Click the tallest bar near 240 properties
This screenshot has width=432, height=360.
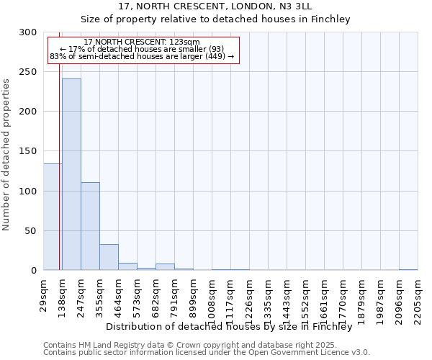(71, 174)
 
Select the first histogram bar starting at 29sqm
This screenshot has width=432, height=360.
(52, 217)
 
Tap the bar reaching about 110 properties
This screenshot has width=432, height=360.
(90, 226)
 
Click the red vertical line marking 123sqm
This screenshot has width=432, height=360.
(59, 151)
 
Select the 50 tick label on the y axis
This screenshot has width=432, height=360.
(31, 231)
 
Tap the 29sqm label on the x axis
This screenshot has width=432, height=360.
(44, 295)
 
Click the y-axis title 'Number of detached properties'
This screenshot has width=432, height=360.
(7, 155)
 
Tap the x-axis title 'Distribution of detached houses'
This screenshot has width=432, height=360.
(228, 326)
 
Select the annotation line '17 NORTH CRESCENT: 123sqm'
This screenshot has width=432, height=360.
(142, 42)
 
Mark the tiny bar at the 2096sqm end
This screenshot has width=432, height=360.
(408, 269)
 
